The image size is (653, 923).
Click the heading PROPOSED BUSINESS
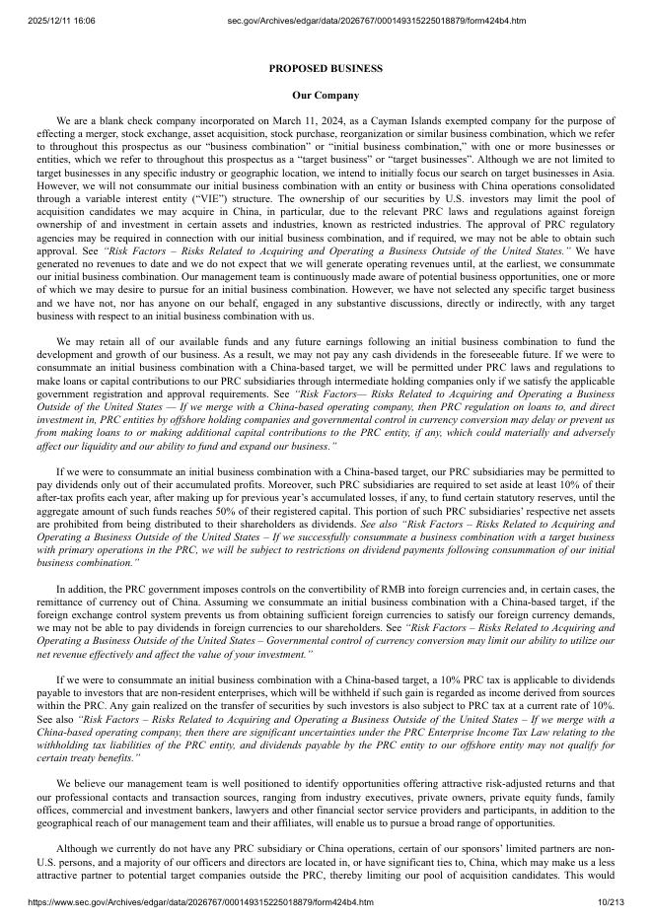tap(326, 69)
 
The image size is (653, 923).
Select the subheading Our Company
tap(326, 96)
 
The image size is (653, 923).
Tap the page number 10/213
tap(612, 901)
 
